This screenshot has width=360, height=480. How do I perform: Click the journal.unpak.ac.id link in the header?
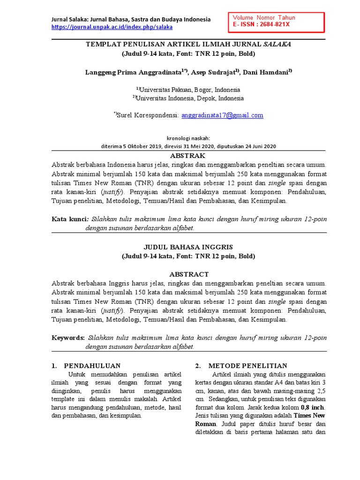point(112,27)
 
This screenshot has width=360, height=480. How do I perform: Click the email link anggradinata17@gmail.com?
point(222,115)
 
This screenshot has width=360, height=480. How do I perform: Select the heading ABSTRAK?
point(188,156)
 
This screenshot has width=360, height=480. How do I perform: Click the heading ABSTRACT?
point(188,274)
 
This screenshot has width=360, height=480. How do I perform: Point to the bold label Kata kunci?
point(69,219)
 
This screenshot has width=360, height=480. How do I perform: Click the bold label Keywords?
point(68,337)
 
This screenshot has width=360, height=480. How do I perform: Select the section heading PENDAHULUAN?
point(92,366)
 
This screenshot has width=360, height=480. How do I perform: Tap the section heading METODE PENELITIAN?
point(247,366)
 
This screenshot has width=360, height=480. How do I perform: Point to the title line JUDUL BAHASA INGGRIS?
point(188,247)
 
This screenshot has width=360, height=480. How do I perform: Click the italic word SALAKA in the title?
point(277,44)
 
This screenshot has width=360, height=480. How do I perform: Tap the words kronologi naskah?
point(188,138)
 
